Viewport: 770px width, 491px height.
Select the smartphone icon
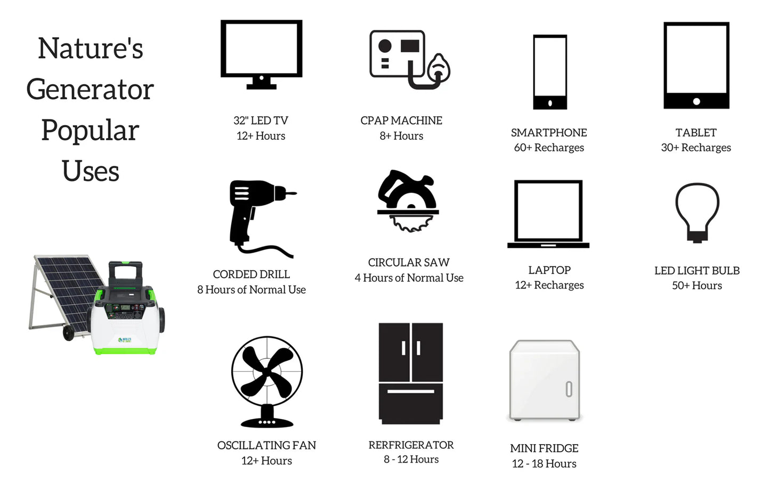coord(550,102)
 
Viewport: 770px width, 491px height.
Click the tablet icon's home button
coord(696,101)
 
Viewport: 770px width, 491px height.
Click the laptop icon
coord(548,245)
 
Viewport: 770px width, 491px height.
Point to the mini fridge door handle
coord(569,389)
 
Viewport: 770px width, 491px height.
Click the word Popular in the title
coord(90,130)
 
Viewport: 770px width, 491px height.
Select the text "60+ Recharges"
coord(549,148)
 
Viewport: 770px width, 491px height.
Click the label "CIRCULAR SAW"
coord(409,262)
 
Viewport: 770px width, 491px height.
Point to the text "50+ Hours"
coord(697,285)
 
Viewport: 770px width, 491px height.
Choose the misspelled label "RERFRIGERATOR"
coord(411,445)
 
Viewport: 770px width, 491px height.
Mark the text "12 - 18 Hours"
coord(544,463)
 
